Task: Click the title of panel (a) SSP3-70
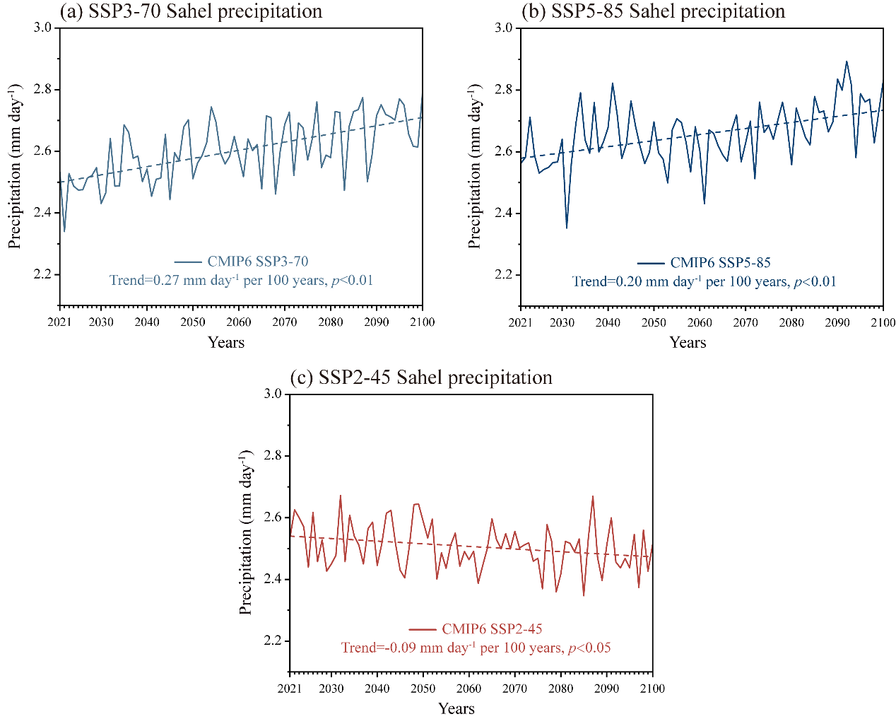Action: click(191, 11)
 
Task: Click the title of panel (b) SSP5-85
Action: click(653, 11)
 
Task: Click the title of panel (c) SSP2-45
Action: click(421, 378)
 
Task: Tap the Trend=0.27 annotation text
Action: click(241, 281)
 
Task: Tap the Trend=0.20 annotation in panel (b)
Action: click(704, 282)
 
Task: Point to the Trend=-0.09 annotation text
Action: click(476, 648)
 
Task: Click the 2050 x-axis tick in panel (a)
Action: click(193, 322)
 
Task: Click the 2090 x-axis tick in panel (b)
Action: click(837, 322)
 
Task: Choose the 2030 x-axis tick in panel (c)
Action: click(331, 689)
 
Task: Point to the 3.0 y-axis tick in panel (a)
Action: click(42, 28)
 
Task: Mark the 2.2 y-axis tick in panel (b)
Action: click(503, 275)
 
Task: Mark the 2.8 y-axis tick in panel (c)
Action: click(273, 456)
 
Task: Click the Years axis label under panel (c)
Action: click(456, 708)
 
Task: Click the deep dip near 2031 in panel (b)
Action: click(567, 228)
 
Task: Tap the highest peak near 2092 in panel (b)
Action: click(847, 62)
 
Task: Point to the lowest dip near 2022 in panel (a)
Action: click(64, 231)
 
